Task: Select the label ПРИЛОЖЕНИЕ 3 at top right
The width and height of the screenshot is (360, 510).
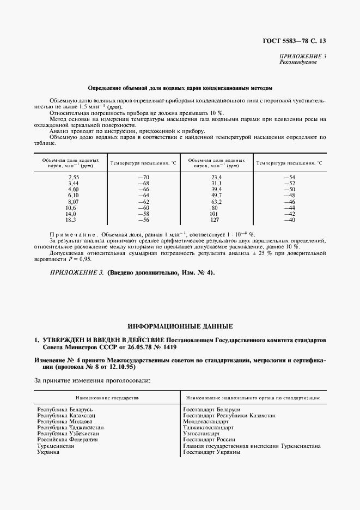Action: coord(303,57)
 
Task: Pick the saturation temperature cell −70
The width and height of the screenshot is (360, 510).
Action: coord(143,178)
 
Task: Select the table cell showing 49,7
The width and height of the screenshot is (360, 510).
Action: coord(217,195)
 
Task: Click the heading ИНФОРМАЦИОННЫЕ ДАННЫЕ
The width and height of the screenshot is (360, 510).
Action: coord(180,326)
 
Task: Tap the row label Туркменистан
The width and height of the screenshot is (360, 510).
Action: coord(56,445)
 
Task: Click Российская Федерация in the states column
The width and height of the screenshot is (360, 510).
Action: coord(68,439)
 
